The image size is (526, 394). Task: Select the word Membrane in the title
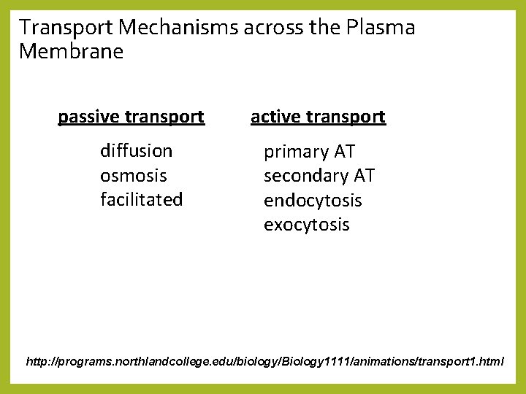coord(72,52)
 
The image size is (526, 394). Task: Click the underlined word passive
coord(89,117)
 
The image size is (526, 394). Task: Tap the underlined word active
coord(275,117)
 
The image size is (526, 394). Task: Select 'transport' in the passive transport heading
coord(164,117)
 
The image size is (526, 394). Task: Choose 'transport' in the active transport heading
coord(344,117)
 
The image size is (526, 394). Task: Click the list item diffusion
coord(137,151)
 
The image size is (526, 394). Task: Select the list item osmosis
coord(134,176)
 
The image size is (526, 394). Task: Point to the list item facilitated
coord(142,199)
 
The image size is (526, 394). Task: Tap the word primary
coord(296,152)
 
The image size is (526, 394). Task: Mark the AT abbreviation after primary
coord(344,152)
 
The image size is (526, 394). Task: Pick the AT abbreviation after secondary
coord(364,176)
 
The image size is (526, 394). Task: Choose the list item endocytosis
coord(313,201)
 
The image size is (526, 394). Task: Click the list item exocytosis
coord(307,225)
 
